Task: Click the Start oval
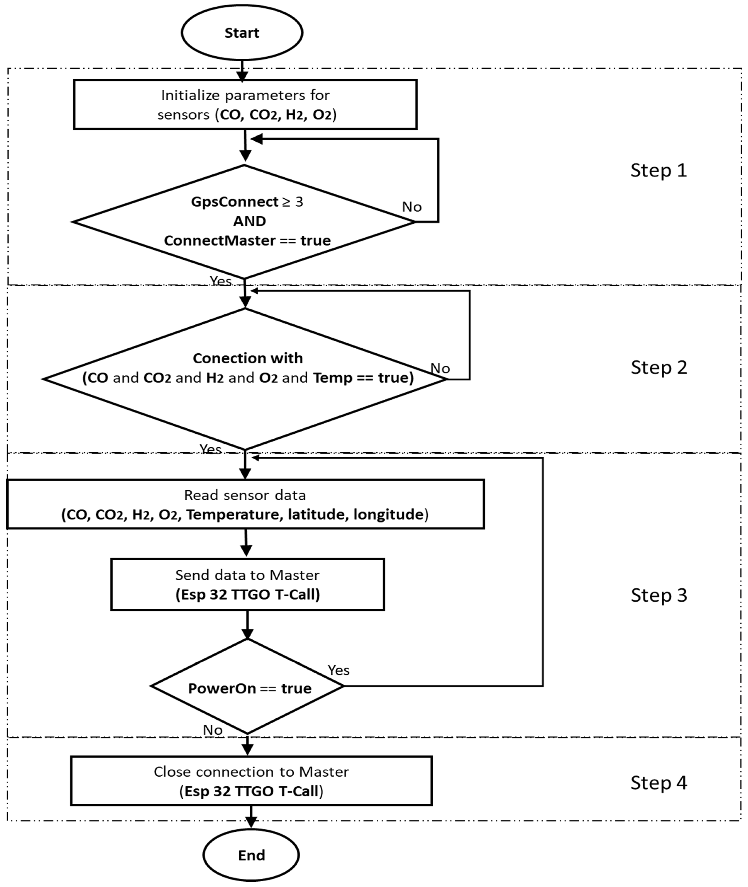(242, 33)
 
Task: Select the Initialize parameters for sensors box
(245, 104)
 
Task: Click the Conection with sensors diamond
(245, 379)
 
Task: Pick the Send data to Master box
(248, 584)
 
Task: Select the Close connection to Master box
(251, 781)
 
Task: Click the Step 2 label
(659, 367)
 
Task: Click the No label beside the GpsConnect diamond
(412, 207)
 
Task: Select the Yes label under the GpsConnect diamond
(221, 281)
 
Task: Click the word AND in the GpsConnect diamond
(249, 221)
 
